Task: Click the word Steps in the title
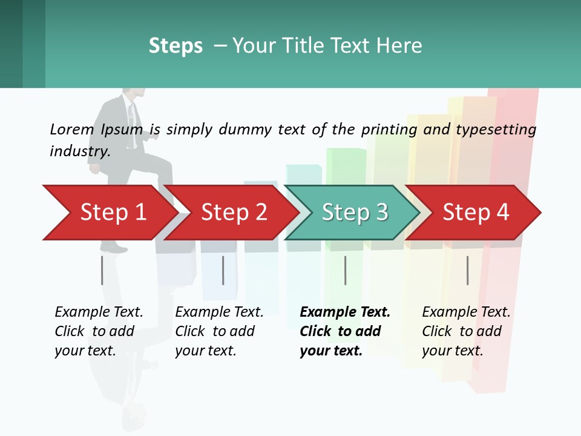[x=176, y=46]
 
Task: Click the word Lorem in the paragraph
[x=72, y=129]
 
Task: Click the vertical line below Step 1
[x=102, y=270]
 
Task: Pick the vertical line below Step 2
[x=223, y=270]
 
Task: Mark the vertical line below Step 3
[x=346, y=270]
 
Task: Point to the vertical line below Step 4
[x=468, y=270]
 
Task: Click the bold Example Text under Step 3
[x=345, y=312]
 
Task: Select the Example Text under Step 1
[x=99, y=312]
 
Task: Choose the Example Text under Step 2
[x=219, y=312]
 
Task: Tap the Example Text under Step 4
[x=466, y=312]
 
